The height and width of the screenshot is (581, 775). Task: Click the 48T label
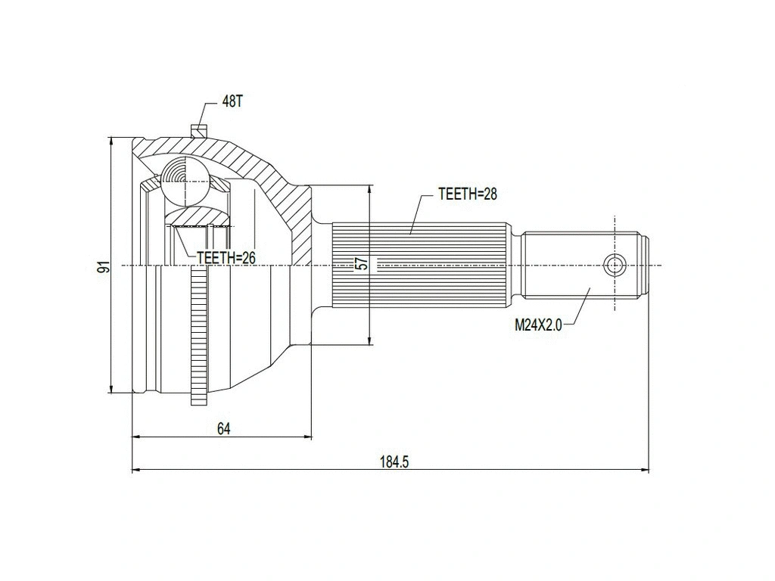coord(232,102)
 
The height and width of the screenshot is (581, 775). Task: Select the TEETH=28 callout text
coord(467,194)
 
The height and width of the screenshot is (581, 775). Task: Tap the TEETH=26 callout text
coord(226,258)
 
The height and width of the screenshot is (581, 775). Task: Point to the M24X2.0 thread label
coord(538,325)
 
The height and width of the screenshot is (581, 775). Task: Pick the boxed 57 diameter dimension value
coord(362,264)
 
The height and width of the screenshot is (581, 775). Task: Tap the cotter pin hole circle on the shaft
coord(614,265)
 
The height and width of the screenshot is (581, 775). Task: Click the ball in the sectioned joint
coord(183,182)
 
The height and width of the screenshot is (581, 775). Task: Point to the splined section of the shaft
coord(420,265)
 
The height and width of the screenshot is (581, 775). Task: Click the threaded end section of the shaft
coord(583,265)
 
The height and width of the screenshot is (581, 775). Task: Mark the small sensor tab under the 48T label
coord(199,129)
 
